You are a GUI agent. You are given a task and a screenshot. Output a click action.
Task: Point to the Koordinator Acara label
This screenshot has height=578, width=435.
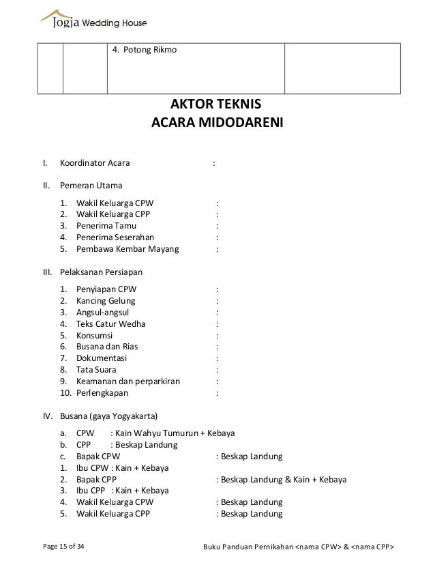(x=96, y=163)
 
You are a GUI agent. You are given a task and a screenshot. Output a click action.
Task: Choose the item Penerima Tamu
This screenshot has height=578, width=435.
(x=106, y=225)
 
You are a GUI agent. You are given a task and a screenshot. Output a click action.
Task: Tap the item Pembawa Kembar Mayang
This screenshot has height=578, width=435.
(x=127, y=249)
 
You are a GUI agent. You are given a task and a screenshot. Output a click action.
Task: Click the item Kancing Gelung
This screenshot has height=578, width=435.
(x=106, y=300)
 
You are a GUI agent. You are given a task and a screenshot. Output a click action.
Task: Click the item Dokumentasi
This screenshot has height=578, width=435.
(x=102, y=358)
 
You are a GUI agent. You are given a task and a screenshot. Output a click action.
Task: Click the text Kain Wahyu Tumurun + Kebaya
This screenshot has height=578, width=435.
(x=175, y=433)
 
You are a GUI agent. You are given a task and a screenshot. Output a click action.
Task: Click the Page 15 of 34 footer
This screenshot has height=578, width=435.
(x=59, y=548)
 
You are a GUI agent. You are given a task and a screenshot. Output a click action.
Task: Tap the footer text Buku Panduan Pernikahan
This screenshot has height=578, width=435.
(x=248, y=548)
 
